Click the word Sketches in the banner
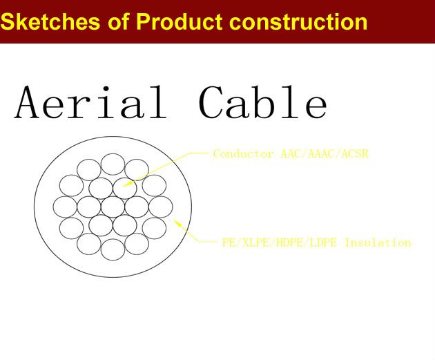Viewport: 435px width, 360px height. click(50, 21)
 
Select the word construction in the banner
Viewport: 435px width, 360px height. click(298, 22)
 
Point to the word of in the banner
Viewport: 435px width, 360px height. click(119, 21)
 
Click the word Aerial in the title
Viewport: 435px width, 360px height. click(90, 102)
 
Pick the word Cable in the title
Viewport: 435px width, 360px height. click(263, 102)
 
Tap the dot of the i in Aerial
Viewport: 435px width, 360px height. click(106, 89)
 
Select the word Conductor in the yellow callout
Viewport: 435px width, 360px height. click(243, 154)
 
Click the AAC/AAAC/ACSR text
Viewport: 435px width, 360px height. click(325, 154)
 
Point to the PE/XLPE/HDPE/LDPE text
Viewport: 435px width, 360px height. click(280, 243)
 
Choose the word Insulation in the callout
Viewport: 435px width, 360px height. click(378, 243)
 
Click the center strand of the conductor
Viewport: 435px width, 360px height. click(113, 207)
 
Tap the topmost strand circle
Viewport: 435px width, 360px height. click(113, 164)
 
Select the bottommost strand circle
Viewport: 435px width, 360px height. click(113, 249)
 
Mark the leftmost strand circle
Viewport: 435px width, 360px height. click(65, 207)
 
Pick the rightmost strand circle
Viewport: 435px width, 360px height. click(161, 207)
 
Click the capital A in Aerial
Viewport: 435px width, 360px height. click(27, 102)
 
